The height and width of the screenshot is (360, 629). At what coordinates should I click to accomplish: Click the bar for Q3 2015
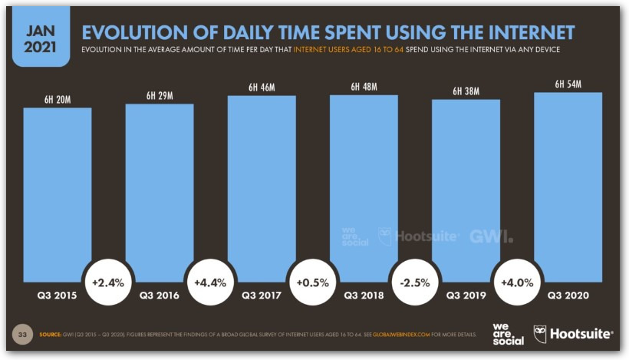click(57, 192)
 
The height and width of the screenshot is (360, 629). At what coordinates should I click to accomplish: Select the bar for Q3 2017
click(261, 184)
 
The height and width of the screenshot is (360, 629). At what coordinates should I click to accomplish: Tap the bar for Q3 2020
click(568, 184)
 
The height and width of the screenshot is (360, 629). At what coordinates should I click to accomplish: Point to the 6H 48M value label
click(364, 87)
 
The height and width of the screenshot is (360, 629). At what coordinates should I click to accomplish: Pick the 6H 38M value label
click(466, 92)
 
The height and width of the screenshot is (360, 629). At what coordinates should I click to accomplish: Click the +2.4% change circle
click(108, 282)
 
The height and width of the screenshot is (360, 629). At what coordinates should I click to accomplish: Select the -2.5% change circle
click(415, 282)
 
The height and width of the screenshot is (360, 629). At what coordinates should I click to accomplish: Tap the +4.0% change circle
click(517, 282)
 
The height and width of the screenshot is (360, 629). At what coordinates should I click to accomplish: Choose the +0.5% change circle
click(312, 282)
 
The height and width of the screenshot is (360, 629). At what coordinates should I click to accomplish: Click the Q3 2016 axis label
click(159, 294)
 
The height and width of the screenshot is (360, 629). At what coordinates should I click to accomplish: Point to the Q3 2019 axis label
click(466, 294)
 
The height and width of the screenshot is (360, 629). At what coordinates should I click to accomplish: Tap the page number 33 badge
click(23, 335)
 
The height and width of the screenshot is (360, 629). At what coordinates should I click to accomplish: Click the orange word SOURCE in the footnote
click(50, 335)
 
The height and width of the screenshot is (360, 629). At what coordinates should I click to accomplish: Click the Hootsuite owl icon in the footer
click(540, 334)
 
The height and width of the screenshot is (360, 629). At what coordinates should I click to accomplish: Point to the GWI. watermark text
click(492, 236)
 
